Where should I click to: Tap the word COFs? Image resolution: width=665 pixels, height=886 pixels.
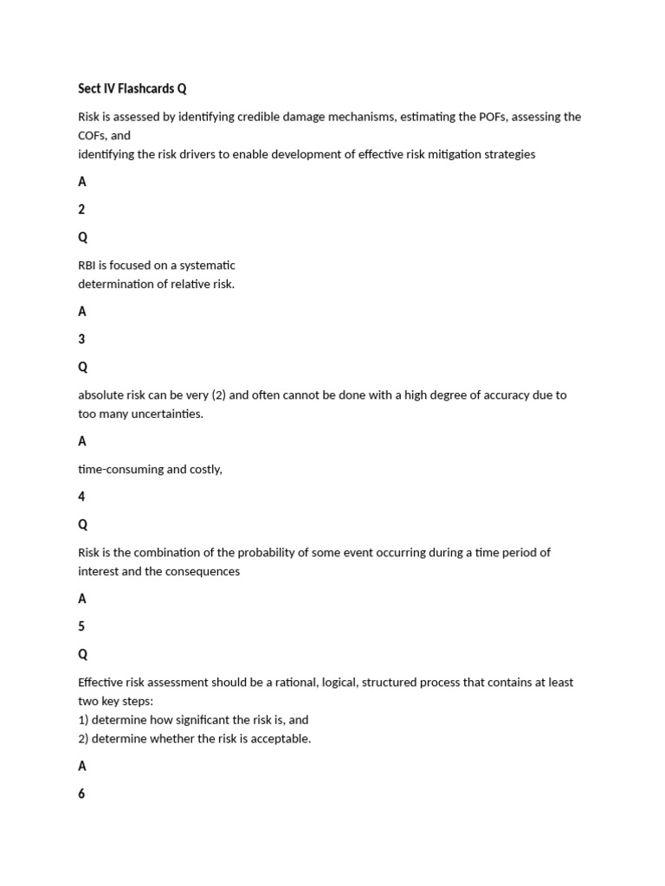(x=92, y=135)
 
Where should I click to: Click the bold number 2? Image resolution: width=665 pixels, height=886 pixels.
(x=81, y=209)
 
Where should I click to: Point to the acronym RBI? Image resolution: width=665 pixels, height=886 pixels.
(x=88, y=265)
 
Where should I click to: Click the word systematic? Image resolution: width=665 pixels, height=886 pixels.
(x=208, y=265)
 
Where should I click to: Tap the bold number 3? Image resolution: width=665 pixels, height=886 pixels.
(x=81, y=339)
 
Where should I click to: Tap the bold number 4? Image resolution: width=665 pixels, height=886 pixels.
(x=81, y=497)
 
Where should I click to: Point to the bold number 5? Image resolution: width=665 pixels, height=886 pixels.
(x=81, y=626)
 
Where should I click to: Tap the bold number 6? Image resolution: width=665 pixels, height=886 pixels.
(x=81, y=793)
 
